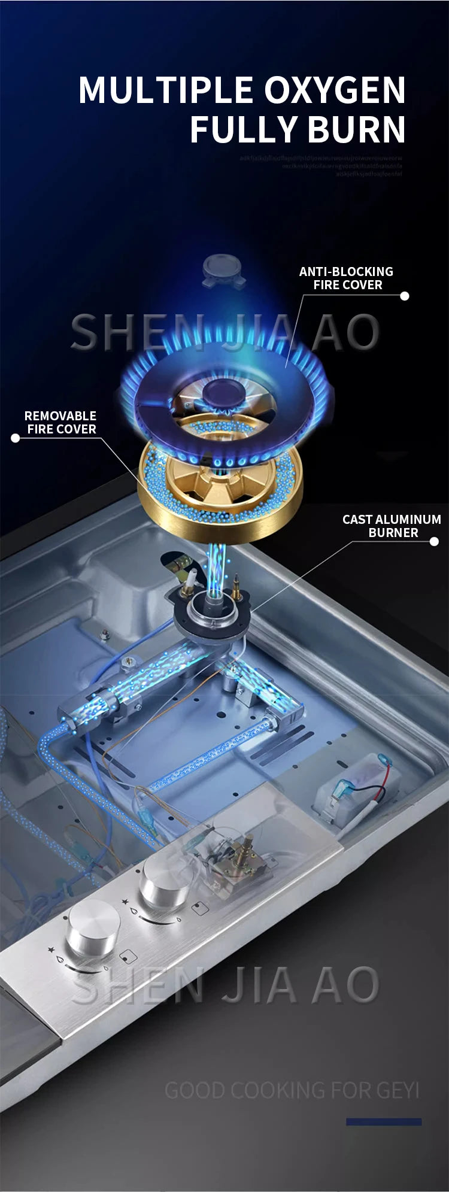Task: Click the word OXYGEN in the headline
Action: tap(335, 90)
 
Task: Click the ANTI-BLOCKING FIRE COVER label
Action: tap(347, 278)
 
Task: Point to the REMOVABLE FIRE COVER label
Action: tap(60, 422)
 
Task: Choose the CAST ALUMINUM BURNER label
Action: tap(392, 526)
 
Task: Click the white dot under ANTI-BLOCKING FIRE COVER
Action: tap(405, 296)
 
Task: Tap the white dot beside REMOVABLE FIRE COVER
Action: tap(16, 438)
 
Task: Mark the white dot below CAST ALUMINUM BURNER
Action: tap(435, 541)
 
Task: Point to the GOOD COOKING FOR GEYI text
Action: tap(292, 1090)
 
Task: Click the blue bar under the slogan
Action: tap(384, 1122)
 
